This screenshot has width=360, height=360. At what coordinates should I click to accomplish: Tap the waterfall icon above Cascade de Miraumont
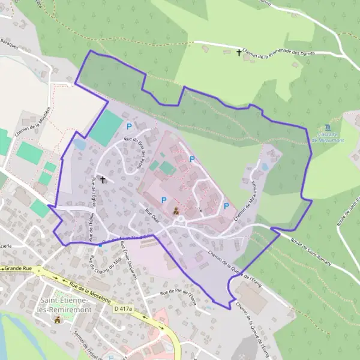pyautogui.click(x=326, y=128)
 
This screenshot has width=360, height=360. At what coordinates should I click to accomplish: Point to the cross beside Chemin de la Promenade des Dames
pyautogui.click(x=239, y=53)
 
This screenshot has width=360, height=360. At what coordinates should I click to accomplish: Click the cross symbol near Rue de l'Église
pyautogui.click(x=103, y=179)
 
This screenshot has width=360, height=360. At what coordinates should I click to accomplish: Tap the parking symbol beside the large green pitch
pyautogui.click(x=129, y=126)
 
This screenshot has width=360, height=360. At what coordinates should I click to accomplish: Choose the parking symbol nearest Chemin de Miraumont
pyautogui.click(x=226, y=206)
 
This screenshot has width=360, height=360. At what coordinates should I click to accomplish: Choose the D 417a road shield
pyautogui.click(x=122, y=308)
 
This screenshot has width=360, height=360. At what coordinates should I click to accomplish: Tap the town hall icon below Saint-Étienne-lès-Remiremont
pyautogui.click(x=58, y=319)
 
